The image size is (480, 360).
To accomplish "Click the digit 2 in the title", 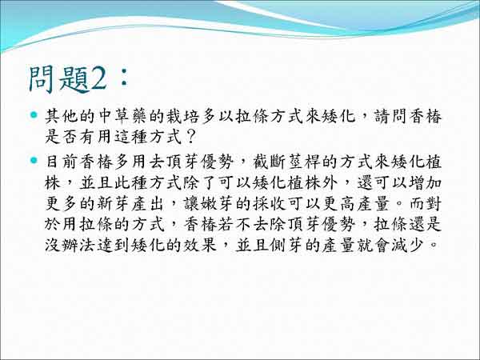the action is [98, 79].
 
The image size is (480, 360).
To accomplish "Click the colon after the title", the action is [124, 78].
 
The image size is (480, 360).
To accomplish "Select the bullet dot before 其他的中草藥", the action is [34, 115].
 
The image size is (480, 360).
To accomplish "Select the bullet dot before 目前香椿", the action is [34, 160].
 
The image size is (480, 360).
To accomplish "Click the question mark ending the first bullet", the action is [190, 137].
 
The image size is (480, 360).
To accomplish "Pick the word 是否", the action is [62, 137].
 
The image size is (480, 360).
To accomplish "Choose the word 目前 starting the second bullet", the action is [62, 162].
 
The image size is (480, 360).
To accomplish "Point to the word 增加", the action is [425, 182].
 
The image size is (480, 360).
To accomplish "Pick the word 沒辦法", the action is [70, 245].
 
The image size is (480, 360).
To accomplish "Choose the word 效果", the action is [200, 245].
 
